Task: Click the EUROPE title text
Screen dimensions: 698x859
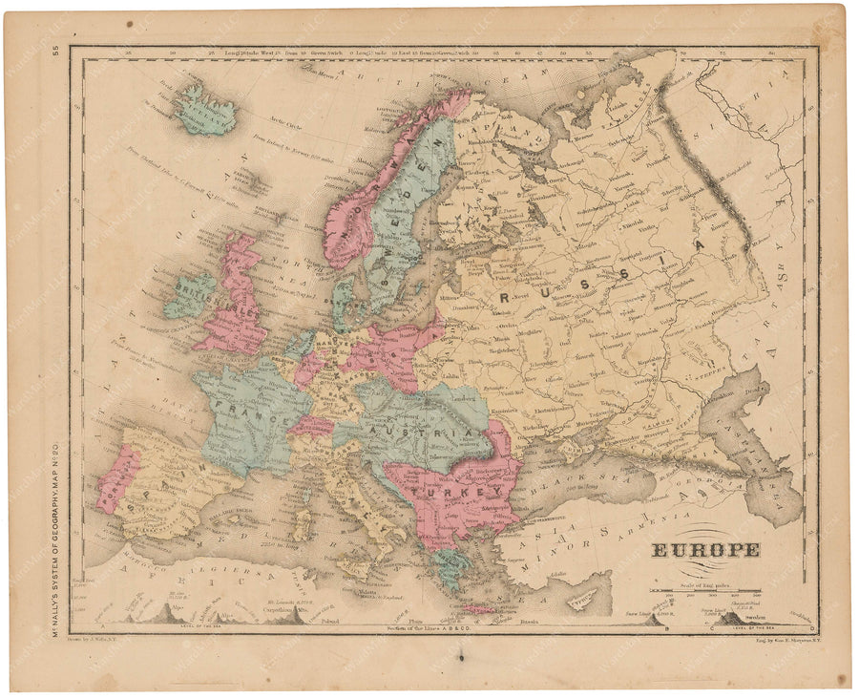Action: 706,550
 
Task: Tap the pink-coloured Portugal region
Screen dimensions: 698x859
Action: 116,477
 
